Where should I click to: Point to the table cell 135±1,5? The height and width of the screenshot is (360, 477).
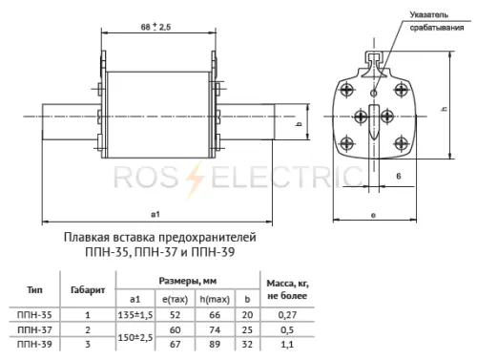tap(135, 312)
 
